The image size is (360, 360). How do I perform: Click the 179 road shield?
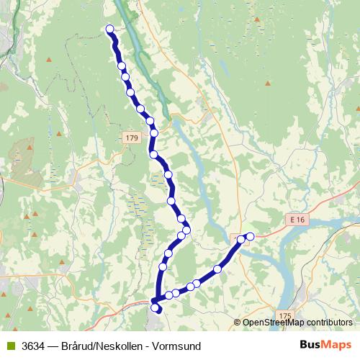pos(130,138)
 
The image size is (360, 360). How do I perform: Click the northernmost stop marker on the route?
pos(110,30)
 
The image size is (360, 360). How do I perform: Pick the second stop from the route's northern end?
pos(122,66)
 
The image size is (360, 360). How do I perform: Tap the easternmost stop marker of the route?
pos(251,235)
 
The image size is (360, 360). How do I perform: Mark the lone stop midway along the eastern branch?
pos(217,269)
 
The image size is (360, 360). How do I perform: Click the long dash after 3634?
pos(53,346)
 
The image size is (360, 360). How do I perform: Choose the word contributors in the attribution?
pos(328,323)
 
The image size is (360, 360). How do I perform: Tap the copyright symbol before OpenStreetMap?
pos(238,323)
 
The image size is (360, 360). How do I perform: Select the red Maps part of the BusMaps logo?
pos(339,345)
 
